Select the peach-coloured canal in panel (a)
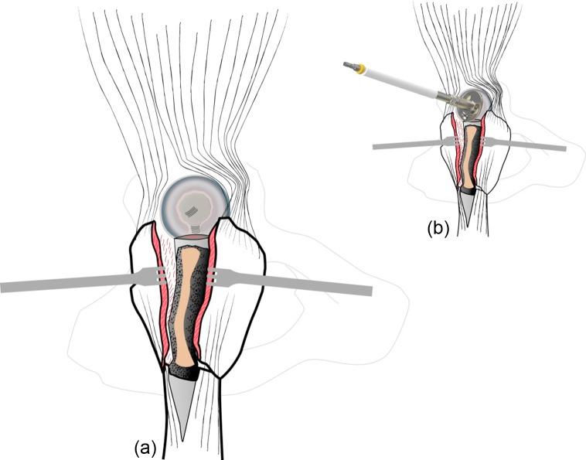185,309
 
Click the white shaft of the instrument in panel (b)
402,83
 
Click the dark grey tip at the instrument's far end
349,66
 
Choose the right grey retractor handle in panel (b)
533,145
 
